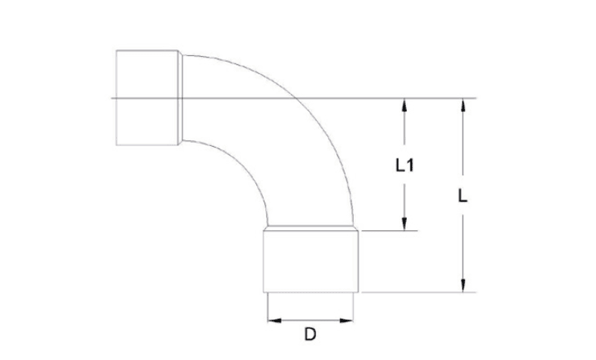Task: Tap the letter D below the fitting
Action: [x=310, y=335]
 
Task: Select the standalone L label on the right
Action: [x=463, y=196]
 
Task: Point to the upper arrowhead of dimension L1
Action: [x=405, y=105]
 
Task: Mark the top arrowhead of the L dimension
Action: [x=463, y=105]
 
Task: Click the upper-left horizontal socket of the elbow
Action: [x=146, y=98]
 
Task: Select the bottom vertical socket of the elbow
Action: [x=311, y=261]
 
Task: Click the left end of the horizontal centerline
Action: [x=113, y=98]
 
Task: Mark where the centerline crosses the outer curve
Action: [x=295, y=98]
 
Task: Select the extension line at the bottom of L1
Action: [x=387, y=231]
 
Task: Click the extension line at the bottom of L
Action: [x=417, y=292]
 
